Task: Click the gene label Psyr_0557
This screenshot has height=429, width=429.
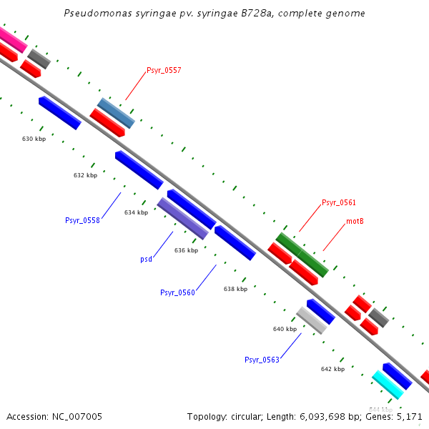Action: click(x=164, y=70)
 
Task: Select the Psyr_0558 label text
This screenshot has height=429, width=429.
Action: click(x=82, y=220)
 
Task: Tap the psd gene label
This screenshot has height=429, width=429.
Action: click(x=146, y=260)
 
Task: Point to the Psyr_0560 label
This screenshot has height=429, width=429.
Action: click(x=177, y=292)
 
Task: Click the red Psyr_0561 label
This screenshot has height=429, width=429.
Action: click(x=339, y=202)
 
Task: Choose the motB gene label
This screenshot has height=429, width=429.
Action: click(x=355, y=221)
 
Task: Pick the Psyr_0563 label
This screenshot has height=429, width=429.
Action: click(x=262, y=360)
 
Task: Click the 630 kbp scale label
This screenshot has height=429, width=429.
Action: click(x=34, y=139)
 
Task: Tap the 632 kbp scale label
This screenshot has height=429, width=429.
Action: click(x=85, y=175)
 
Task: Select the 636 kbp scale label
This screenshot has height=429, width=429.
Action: click(x=186, y=250)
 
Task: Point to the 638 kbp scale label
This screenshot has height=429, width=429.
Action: click(x=235, y=289)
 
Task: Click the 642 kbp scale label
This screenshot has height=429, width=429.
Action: click(x=332, y=369)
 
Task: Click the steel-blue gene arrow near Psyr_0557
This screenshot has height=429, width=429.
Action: click(x=116, y=113)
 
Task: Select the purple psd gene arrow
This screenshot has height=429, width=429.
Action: click(x=182, y=218)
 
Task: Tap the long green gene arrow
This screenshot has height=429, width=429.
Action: click(x=302, y=255)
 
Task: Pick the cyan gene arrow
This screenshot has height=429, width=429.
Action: click(x=388, y=384)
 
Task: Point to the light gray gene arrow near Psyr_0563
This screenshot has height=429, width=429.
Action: click(x=312, y=320)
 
